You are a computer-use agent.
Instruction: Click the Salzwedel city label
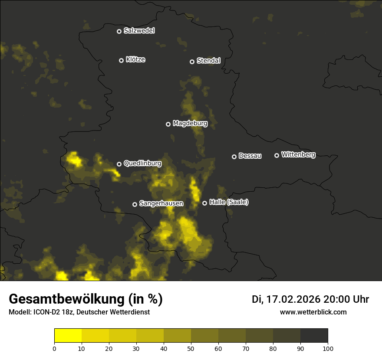139,31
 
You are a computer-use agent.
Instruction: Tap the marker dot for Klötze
121,60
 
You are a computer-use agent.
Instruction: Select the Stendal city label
208,61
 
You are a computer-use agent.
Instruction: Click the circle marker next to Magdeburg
168,124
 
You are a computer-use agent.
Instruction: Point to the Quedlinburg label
142,164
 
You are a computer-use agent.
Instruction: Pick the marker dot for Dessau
234,157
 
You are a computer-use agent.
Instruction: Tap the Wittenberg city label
298,154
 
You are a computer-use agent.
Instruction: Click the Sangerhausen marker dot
135,204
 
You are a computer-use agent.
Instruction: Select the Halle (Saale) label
229,202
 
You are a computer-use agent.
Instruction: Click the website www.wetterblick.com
313,312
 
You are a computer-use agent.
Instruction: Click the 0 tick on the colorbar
54,348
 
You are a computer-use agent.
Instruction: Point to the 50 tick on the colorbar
191,348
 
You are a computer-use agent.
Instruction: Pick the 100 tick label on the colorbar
328,348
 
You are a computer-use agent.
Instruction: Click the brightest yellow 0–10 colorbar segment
68,335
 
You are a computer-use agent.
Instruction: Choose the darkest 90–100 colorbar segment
314,335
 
